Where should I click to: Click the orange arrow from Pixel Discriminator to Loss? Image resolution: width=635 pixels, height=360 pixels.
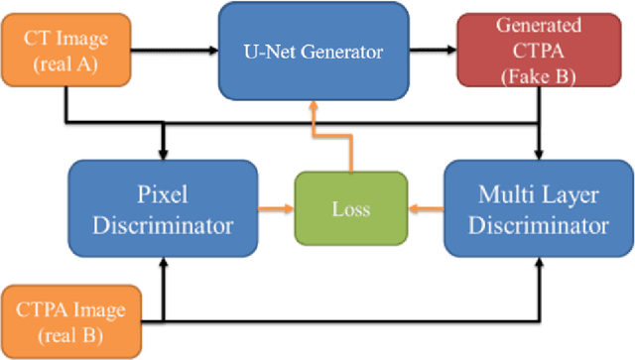tap(267, 209)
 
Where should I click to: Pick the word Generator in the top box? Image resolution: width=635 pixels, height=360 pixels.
tap(348, 51)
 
